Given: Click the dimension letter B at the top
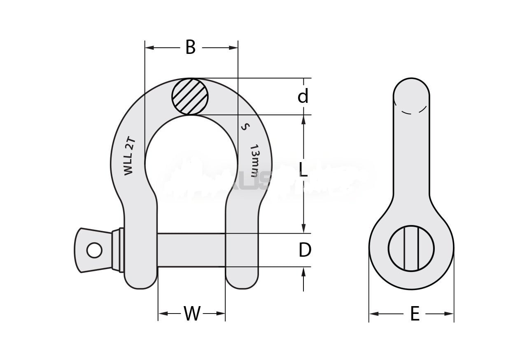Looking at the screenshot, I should (x=190, y=48).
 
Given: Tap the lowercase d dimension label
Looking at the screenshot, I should (x=303, y=97).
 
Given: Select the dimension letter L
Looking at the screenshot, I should (x=303, y=170).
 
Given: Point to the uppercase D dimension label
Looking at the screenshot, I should (x=305, y=250).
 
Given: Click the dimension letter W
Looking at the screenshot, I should (x=192, y=314).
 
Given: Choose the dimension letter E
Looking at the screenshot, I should (x=415, y=314).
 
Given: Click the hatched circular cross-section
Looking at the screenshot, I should (x=190, y=97).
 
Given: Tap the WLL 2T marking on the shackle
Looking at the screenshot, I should (x=130, y=157).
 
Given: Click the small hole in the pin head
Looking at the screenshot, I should (x=94, y=250).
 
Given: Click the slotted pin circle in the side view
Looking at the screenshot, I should (x=411, y=248).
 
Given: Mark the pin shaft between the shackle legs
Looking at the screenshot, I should (x=191, y=250).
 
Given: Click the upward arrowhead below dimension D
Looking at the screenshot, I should (x=303, y=272).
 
